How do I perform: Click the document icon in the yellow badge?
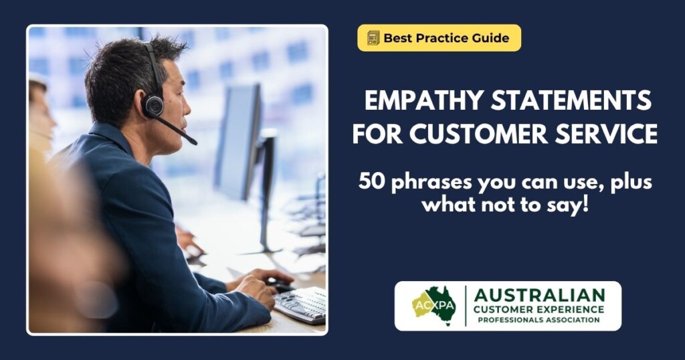coord(373,38)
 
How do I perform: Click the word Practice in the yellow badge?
coord(440,38)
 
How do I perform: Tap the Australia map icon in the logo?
coord(435,305)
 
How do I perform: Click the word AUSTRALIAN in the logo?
coord(539,295)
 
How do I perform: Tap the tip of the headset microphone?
coord(193,141)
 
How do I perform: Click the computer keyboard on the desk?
coord(300,304)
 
